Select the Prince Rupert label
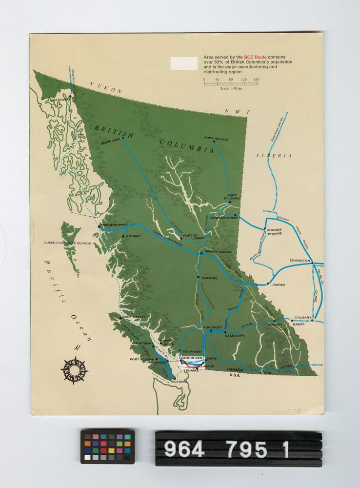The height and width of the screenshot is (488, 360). coord(115,226)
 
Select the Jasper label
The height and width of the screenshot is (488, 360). coord(278,284)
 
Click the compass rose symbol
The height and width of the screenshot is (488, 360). coord(74,370)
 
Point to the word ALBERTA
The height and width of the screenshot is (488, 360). coord(274,155)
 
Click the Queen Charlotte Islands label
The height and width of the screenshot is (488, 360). coord(67,243)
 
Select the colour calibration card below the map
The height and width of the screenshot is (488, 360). coord(107,447)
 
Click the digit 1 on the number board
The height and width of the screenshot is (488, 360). coord(285,449)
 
